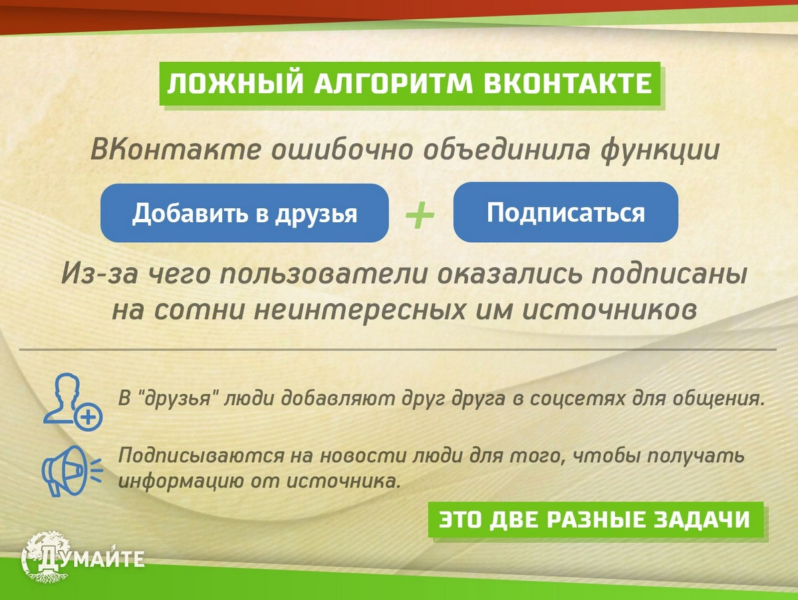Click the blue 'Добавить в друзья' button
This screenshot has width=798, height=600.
(x=244, y=213)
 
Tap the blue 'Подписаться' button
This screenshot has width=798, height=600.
(x=565, y=212)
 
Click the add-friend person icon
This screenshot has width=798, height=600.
(x=72, y=400)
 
